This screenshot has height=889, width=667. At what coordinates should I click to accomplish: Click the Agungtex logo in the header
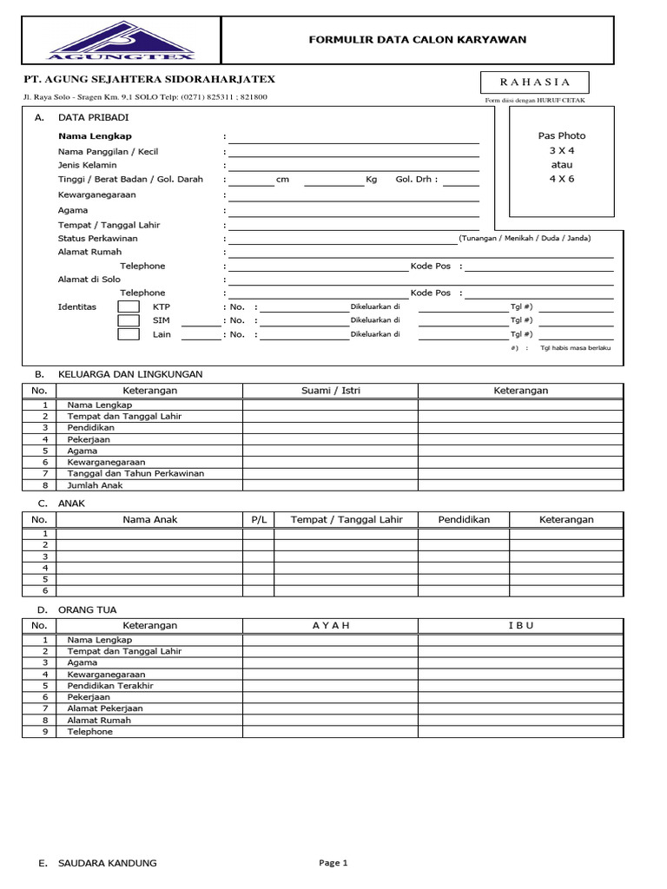[x=122, y=41]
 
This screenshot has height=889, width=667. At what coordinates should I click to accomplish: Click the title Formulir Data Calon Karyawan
[x=418, y=40]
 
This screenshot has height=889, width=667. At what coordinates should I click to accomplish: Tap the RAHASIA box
[x=535, y=82]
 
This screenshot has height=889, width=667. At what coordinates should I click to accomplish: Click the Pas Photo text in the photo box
[x=562, y=135]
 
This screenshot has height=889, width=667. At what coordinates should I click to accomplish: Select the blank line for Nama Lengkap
[x=353, y=136]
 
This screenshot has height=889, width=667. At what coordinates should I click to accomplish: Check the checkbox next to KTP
[x=129, y=306]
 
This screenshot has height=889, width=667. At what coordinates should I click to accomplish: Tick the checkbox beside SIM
[x=129, y=320]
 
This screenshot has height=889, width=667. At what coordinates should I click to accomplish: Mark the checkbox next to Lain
[x=129, y=334]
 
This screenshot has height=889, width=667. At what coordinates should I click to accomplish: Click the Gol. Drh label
[x=417, y=180]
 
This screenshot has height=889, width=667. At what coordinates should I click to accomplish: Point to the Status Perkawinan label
[x=98, y=238]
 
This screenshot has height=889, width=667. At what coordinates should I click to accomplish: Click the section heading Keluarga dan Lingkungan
[x=130, y=374]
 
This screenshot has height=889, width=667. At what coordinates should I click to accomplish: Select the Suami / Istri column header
[x=330, y=391]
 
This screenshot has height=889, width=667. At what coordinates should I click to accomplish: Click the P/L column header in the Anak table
[x=259, y=519]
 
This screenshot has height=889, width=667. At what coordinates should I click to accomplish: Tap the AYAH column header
[x=330, y=625]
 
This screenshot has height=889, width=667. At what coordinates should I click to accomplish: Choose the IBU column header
[x=520, y=625]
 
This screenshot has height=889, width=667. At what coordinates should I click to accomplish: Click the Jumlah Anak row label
[x=95, y=485]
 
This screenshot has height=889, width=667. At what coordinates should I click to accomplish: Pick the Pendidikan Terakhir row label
[x=110, y=685]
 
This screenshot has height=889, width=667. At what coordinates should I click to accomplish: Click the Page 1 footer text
[x=333, y=863]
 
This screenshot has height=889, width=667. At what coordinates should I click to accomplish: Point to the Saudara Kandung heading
[x=107, y=863]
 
